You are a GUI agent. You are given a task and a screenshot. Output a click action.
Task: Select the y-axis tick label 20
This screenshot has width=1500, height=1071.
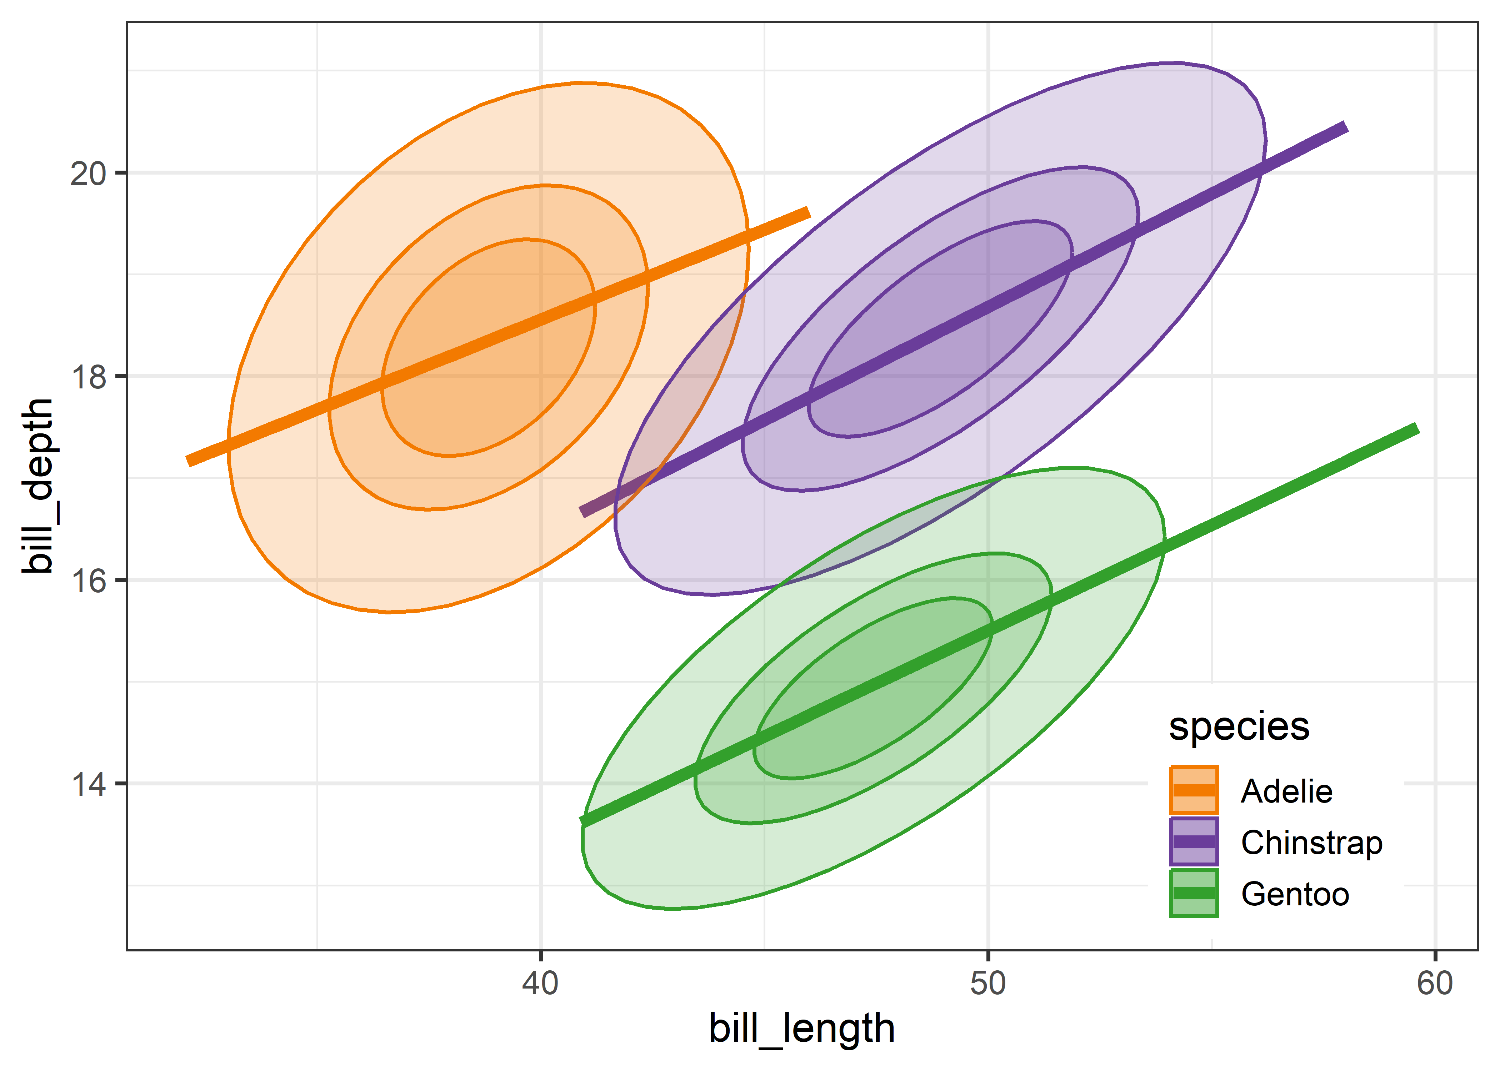pyautogui.click(x=88, y=174)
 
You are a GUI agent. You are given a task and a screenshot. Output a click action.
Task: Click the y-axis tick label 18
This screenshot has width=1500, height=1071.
pyautogui.click(x=88, y=377)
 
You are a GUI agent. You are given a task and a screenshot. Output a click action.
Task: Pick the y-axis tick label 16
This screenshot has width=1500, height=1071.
pyautogui.click(x=88, y=580)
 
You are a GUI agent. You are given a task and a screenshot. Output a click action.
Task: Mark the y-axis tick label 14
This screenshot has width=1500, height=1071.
pyautogui.click(x=88, y=784)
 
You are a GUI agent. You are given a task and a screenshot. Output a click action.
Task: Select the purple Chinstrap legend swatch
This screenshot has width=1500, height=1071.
pyautogui.click(x=1194, y=841)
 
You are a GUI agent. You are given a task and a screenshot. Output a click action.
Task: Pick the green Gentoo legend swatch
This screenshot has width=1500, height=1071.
pyautogui.click(x=1194, y=893)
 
